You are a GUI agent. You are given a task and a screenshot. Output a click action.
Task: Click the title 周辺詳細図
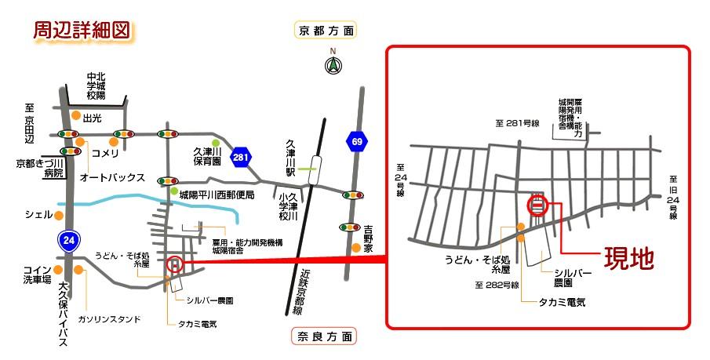tap(80, 31)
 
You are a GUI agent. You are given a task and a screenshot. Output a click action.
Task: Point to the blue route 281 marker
tap(242, 158)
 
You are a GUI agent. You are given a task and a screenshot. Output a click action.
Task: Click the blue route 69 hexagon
tap(357, 141)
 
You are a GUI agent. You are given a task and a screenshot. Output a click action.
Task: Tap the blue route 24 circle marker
tap(70, 242)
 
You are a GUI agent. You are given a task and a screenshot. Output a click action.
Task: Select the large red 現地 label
tap(627, 259)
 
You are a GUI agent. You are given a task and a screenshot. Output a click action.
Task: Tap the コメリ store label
tap(105, 153)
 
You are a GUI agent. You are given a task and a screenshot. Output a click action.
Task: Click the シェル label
tap(38, 214)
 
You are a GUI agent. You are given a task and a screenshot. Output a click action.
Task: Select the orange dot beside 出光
tap(75, 118)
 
